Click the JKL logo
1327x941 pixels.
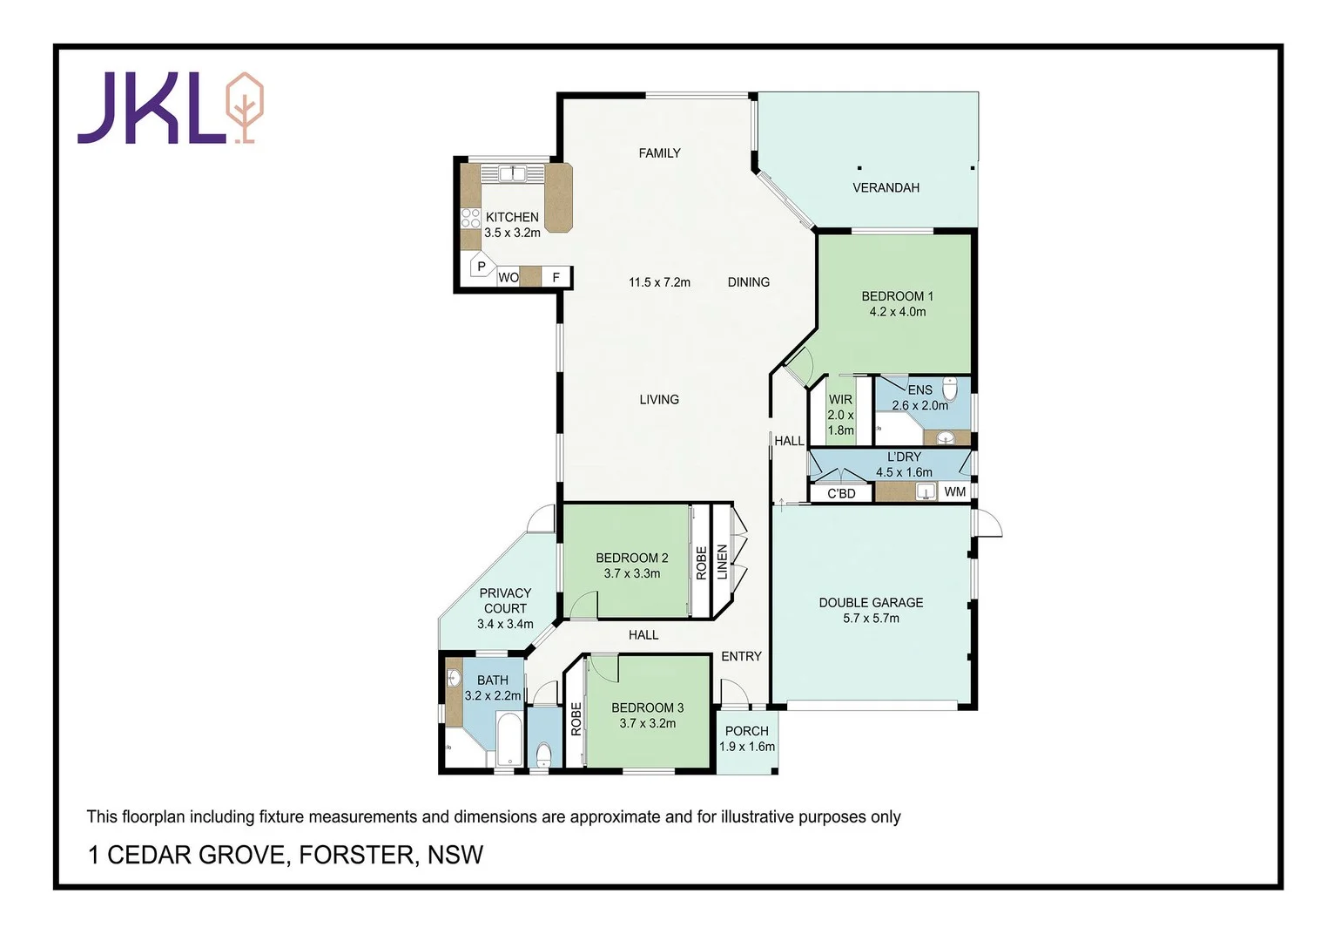coord(170,108)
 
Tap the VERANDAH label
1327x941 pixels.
coord(886,187)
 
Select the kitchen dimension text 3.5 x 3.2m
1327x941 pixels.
coord(512,233)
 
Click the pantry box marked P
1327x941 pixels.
coord(482,267)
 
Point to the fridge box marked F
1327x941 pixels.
coord(556,278)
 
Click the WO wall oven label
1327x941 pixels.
coord(508,278)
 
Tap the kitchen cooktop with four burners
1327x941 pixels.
coord(470,218)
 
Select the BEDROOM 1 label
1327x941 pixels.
coord(897,296)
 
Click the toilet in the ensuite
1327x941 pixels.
coord(950,389)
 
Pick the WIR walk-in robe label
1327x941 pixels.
coord(840,400)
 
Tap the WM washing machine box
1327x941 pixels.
coord(954,491)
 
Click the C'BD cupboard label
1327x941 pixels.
coord(841,493)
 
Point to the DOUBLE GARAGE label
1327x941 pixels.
coord(871,602)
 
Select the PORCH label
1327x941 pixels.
coord(746,731)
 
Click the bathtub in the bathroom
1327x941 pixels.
coord(509,739)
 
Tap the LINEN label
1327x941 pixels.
coord(722,562)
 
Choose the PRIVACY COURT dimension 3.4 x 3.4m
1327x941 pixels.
coord(505,624)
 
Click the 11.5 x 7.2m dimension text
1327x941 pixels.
coord(659,282)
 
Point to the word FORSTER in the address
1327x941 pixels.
coord(357,855)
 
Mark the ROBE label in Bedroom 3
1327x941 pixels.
coord(576,720)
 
